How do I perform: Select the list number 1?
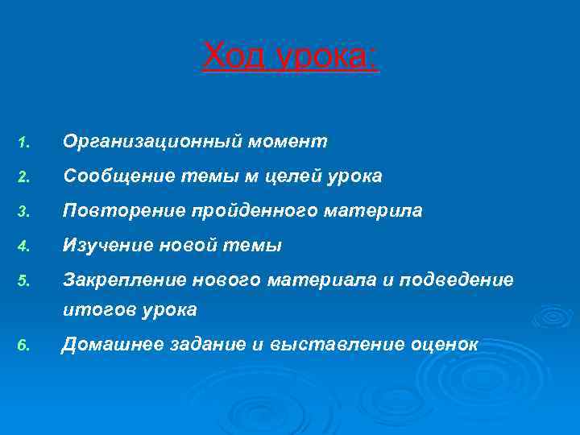tap(24, 143)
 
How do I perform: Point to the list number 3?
tap(24, 212)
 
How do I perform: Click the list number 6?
tap(24, 346)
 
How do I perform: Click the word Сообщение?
tap(113, 176)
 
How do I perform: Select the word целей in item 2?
tap(296, 176)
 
